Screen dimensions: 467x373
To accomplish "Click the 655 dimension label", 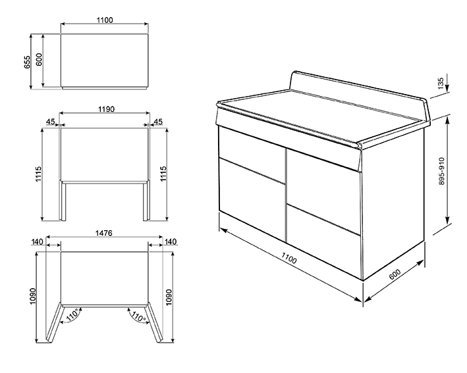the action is (x=27, y=62).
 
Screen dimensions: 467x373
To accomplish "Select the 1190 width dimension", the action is (x=106, y=109).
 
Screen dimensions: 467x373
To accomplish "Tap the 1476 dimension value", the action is (x=103, y=233).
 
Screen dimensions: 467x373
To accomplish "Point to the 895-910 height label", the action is (x=441, y=171).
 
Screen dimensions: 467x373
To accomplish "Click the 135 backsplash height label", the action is (x=441, y=82).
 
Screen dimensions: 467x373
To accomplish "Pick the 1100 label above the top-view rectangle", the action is (x=105, y=20).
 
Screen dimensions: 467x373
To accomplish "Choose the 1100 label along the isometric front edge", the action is (x=288, y=258).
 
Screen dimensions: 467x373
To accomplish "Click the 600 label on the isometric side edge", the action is (x=395, y=274).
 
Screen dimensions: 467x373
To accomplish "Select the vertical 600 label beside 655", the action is (x=39, y=59).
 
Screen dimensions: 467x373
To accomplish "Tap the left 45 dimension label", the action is (x=51, y=122).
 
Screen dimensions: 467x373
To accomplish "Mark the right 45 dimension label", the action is (x=158, y=122).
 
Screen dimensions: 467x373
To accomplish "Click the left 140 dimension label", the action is (x=38, y=242).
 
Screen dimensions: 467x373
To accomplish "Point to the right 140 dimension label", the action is (x=171, y=242).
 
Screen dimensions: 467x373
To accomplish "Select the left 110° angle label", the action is (x=73, y=314).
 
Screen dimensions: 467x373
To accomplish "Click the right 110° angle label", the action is (x=138, y=316).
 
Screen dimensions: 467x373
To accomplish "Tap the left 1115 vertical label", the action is (x=39, y=174).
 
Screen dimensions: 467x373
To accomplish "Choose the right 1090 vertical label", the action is (x=169, y=297).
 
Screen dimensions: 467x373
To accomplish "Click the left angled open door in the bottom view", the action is (x=55, y=322).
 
